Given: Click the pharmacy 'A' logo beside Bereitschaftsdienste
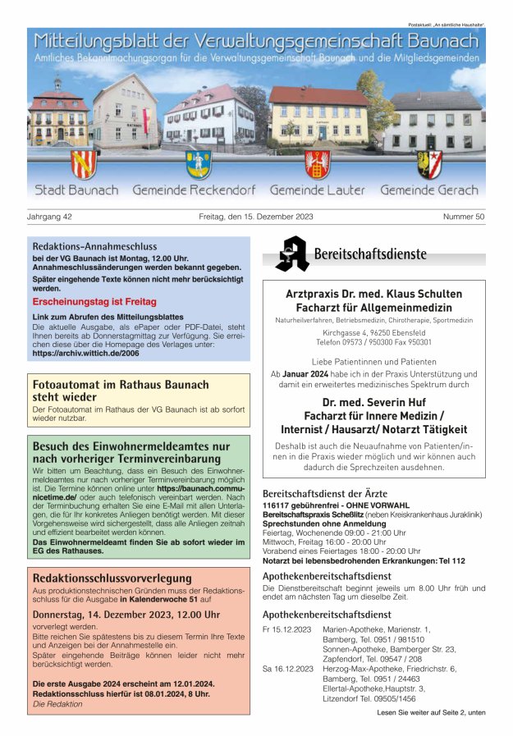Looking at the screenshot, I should click(x=291, y=254).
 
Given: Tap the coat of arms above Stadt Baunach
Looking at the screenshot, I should click(x=82, y=163).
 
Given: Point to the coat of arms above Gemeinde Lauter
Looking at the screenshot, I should click(x=317, y=164).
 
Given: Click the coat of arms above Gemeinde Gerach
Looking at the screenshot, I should click(x=429, y=163).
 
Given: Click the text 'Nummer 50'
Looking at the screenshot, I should click(x=464, y=217).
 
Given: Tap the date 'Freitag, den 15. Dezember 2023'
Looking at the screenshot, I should click(x=256, y=217).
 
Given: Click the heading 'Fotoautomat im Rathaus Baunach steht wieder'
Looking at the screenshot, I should click(x=121, y=391).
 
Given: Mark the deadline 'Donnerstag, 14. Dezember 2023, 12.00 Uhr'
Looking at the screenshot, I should click(x=126, y=614).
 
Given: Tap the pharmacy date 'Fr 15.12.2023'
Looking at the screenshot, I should click(x=286, y=629).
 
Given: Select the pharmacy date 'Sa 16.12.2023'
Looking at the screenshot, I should click(x=286, y=669).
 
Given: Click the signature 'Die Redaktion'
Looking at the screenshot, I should click(x=57, y=704).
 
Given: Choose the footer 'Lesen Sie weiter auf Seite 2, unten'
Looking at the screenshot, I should click(x=431, y=712).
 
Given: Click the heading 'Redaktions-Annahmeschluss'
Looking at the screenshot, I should click(x=94, y=246).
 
